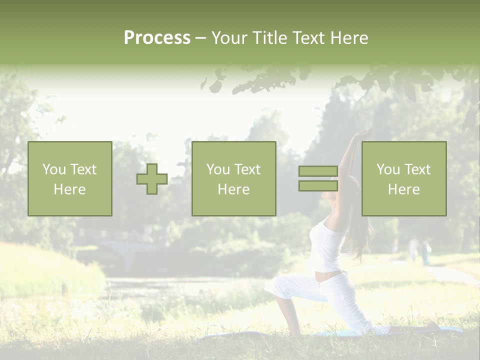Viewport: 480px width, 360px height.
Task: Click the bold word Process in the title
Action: (x=157, y=38)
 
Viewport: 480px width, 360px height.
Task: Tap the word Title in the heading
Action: (x=269, y=38)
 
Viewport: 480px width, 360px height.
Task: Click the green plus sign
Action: (x=152, y=179)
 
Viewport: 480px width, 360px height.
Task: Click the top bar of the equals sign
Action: (x=318, y=171)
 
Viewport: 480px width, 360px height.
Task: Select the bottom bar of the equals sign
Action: (x=318, y=185)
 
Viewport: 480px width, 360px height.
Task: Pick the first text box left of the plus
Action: (x=70, y=179)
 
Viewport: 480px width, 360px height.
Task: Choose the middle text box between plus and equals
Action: (x=234, y=179)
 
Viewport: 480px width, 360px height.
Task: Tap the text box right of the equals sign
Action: (x=404, y=179)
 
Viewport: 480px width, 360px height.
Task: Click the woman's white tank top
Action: (x=326, y=247)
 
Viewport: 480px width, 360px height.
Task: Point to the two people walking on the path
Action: (x=419, y=250)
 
